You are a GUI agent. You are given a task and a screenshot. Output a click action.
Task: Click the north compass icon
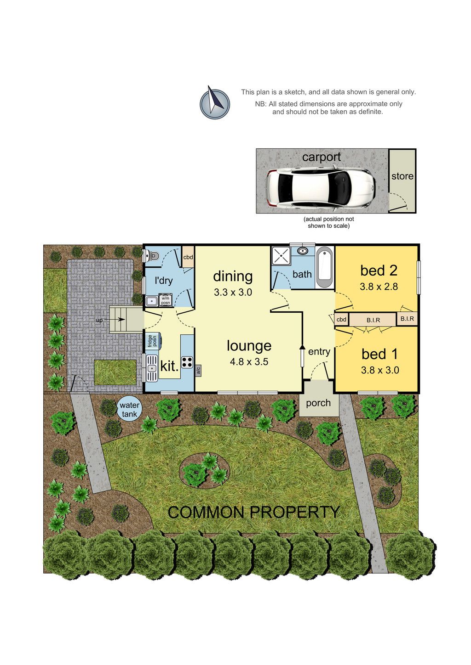pos(215,102)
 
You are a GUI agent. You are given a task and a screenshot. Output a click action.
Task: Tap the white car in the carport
pos(321,188)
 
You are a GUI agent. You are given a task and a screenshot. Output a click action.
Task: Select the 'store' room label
pos(402,176)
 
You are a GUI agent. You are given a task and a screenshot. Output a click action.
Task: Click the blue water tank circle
pos(129,410)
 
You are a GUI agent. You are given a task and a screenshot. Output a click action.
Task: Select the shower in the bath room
pos(281,255)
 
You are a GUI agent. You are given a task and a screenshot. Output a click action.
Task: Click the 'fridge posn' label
pos(152,340)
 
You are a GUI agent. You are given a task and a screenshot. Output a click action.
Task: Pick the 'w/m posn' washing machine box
pos(165,299)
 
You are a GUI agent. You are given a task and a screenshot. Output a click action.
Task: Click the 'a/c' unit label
pos(198,370)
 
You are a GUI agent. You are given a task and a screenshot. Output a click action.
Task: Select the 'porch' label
pos(318,403)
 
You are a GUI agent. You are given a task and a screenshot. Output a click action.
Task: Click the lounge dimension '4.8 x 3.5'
pos(249,361)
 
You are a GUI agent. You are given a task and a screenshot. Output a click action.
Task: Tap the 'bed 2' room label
pos(379,271)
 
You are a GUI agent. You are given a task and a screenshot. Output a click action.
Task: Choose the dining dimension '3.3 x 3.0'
pos(233,292)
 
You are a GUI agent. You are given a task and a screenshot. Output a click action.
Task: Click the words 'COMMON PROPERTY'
pos(253,513)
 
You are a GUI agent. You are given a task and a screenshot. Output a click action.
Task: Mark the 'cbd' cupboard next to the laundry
pos(188,257)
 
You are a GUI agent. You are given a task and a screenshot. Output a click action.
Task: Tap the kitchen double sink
pos(152,368)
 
